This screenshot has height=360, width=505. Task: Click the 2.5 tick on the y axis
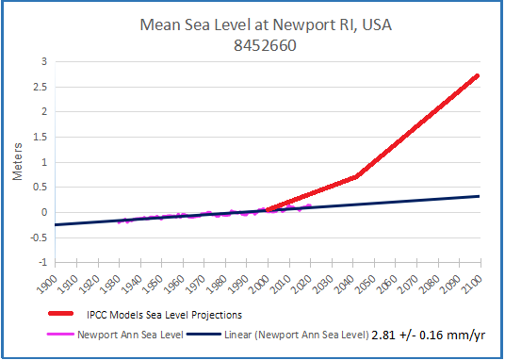(x=40, y=87)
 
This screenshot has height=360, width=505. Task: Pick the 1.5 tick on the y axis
(x=40, y=138)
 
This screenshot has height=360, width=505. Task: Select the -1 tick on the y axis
(x=41, y=262)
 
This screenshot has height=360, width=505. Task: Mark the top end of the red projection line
(x=479, y=75)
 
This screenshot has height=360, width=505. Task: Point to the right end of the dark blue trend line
(x=480, y=196)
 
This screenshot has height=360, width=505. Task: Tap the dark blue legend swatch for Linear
(x=207, y=333)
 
